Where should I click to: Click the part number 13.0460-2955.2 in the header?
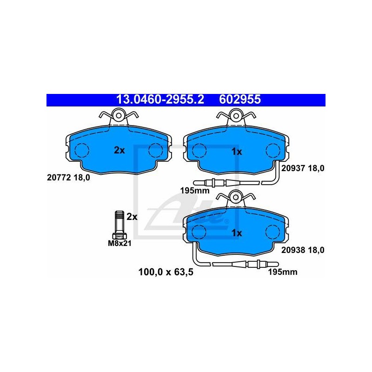coord(160,100)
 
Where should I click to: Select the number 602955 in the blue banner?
coord(240,100)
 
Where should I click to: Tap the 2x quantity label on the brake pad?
coord(119,150)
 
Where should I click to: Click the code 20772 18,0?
coord(68,178)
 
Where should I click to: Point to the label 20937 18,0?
coord(303,168)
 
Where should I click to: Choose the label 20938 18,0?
coord(303,250)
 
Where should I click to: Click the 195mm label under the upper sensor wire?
coord(195,191)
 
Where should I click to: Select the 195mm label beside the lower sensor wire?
coord(283,272)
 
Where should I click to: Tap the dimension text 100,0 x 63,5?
coord(166,272)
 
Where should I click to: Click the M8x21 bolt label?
coord(120,243)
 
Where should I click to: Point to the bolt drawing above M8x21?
coord(120,225)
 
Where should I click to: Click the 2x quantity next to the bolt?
coord(132,217)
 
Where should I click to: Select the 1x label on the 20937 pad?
coord(237,152)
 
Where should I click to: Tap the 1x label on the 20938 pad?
coord(237,233)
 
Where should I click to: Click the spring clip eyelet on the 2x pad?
coord(119,115)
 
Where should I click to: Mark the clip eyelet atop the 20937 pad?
coord(236,116)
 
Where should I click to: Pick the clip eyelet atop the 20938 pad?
coord(236,197)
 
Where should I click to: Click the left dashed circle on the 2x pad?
coord(82,150)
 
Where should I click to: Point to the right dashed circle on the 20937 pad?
coord(273,151)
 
